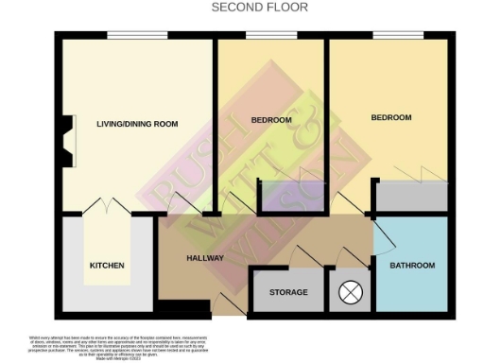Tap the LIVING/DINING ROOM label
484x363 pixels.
click(x=138, y=124)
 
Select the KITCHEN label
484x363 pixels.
click(x=107, y=266)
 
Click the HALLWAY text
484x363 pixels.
click(x=205, y=257)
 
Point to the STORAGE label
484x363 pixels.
click(x=288, y=293)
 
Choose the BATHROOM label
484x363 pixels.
click(x=412, y=265)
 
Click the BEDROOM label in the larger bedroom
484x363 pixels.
click(x=390, y=117)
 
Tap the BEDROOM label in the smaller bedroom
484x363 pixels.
click(x=271, y=121)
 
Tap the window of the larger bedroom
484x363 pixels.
click(x=390, y=36)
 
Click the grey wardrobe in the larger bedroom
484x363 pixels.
click(x=411, y=196)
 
